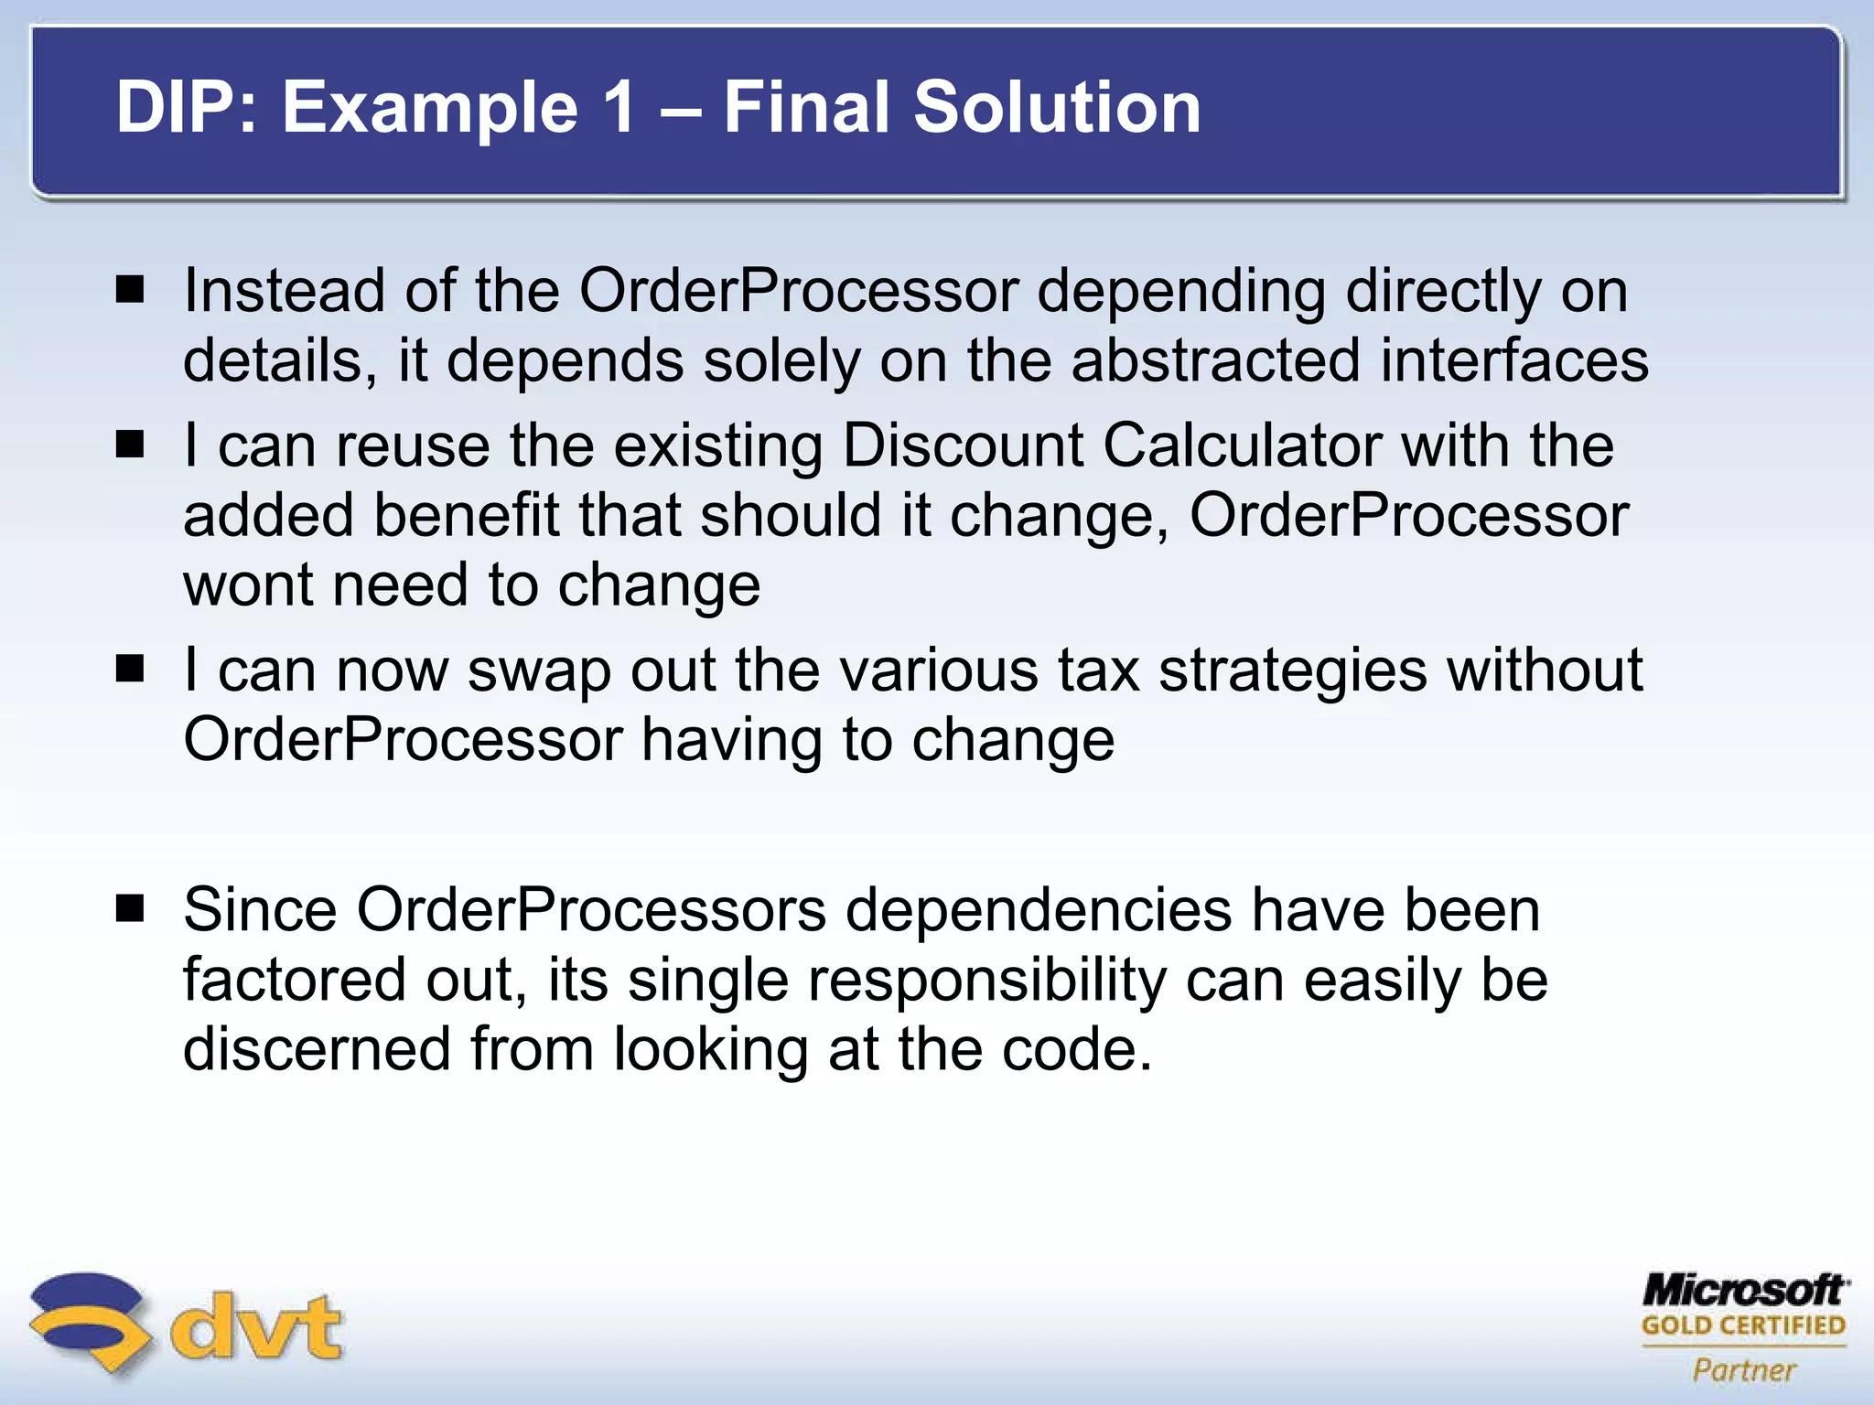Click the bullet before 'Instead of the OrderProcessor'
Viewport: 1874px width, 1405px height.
pyautogui.click(x=131, y=291)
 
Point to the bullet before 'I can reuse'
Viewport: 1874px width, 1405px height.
pyautogui.click(x=131, y=445)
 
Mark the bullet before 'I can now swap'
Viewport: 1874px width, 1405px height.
pyautogui.click(x=131, y=670)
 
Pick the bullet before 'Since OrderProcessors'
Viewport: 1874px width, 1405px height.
pyautogui.click(x=131, y=909)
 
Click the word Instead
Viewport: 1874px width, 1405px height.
pyautogui.click(x=284, y=291)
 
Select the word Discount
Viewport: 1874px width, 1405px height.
pyautogui.click(x=963, y=445)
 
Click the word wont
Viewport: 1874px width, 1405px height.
pyautogui.click(x=248, y=585)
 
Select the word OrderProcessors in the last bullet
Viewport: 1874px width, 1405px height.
pyautogui.click(x=591, y=910)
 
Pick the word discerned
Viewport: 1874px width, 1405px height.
pyautogui.click(x=317, y=1048)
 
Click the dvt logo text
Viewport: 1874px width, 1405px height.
pyautogui.click(x=256, y=1326)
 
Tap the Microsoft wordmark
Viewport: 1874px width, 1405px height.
pyautogui.click(x=1744, y=1291)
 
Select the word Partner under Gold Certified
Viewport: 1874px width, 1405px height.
pyautogui.click(x=1744, y=1370)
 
